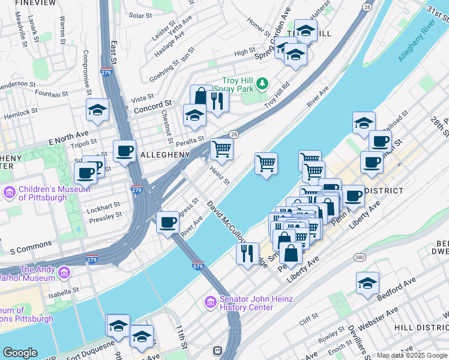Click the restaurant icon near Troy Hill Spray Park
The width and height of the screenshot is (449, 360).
point(217,102)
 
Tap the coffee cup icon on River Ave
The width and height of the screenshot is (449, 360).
point(167,223)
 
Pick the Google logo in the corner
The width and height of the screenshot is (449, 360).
point(20,353)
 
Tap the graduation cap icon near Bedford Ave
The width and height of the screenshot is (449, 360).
point(367,284)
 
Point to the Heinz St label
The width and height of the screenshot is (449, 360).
point(220,176)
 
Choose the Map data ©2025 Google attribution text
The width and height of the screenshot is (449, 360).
point(412,355)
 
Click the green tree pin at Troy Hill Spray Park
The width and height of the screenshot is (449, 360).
point(262,83)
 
